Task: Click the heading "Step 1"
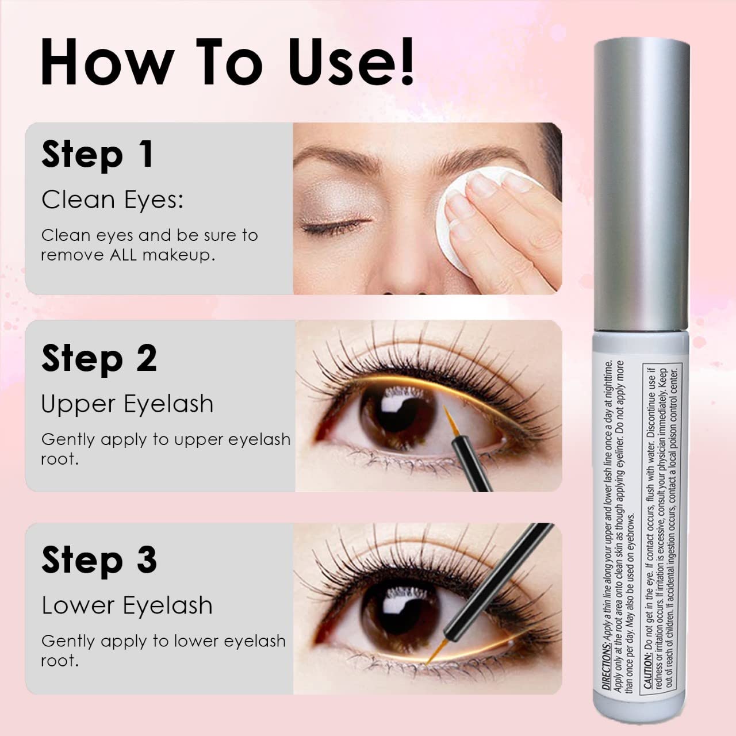click(x=97, y=155)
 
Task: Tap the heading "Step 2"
click(x=99, y=359)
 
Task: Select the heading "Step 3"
click(x=99, y=561)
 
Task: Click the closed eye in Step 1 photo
click(x=336, y=228)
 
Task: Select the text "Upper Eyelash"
click(x=127, y=404)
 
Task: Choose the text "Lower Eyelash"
click(x=127, y=605)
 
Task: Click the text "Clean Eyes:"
click(x=112, y=200)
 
